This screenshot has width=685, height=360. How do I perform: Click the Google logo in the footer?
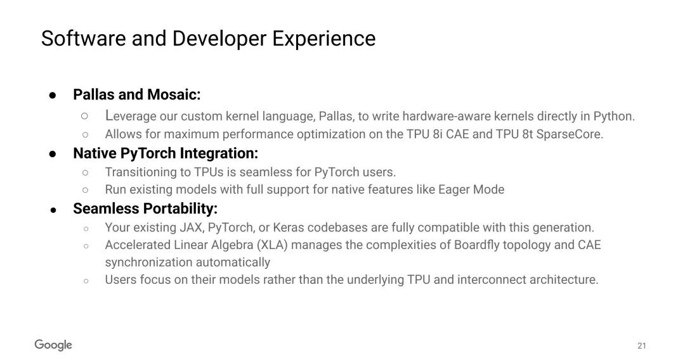pos(53,345)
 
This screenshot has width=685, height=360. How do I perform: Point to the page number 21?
pos(641,345)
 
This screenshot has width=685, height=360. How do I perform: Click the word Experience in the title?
pos(323,39)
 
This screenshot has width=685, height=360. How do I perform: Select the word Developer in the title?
pos(219,39)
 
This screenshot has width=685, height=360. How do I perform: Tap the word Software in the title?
pos(84,39)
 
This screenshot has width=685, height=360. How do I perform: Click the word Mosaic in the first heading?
pos(174,94)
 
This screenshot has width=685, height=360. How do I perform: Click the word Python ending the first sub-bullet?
pos(614,116)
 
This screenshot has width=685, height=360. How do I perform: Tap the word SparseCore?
pos(570,134)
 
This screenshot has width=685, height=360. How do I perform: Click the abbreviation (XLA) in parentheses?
pos(272,245)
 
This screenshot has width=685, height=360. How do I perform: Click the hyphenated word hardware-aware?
pos(447,116)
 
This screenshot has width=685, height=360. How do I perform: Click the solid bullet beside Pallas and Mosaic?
pos(53,95)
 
